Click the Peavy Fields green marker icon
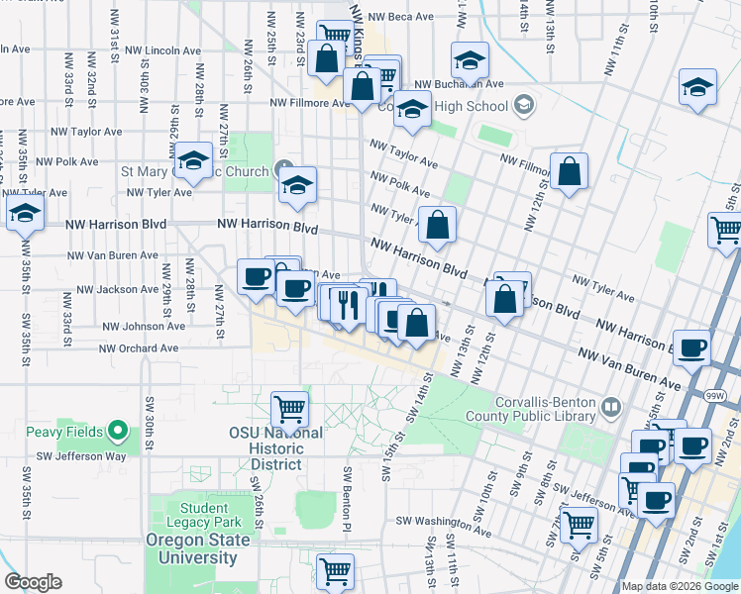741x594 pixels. pos(118,431)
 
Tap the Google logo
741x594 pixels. pos(33,582)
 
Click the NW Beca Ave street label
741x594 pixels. pos(400,17)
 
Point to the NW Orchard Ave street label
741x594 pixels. pos(140,348)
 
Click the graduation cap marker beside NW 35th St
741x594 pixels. pos(25,212)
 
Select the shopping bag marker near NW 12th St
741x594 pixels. pos(570,172)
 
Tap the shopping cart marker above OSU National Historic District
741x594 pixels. pos(290,406)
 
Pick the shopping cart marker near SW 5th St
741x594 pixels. pos(579,524)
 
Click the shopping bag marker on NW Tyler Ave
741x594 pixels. pos(437,225)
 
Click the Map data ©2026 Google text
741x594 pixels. pos(681,586)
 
